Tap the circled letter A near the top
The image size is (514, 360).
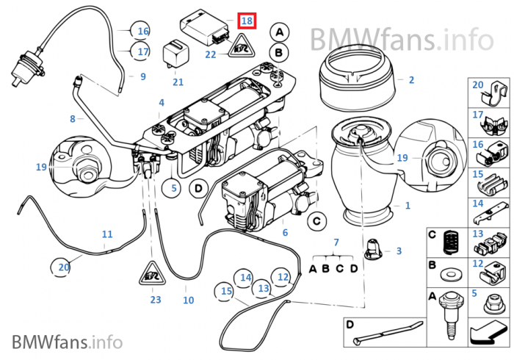pyautogui.click(x=279, y=32)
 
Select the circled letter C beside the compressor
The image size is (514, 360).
pyautogui.click(x=316, y=220)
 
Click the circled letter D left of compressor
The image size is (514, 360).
pyautogui.click(x=197, y=188)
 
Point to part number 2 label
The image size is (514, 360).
pyautogui.click(x=411, y=79)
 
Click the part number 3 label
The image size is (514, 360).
pyautogui.click(x=399, y=251)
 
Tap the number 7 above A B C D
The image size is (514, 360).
pyautogui.click(x=336, y=242)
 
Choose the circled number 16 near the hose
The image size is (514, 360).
pyautogui.click(x=142, y=32)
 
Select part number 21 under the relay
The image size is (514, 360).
pyautogui.click(x=178, y=82)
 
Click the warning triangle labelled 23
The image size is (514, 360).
pyautogui.click(x=155, y=276)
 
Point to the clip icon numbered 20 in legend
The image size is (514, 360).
pyautogui.click(x=489, y=94)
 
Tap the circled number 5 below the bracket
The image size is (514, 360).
pyautogui.click(x=174, y=188)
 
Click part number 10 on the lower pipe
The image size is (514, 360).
pyautogui.click(x=188, y=300)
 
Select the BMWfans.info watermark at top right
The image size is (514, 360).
pyautogui.click(x=401, y=36)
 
